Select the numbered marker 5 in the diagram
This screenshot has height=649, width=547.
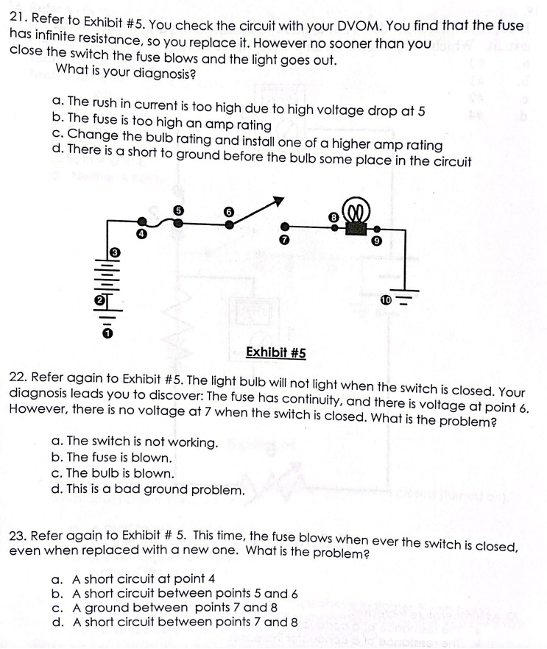tap(177, 209)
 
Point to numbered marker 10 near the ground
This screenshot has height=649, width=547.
tap(385, 300)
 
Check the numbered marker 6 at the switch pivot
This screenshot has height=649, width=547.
tap(228, 211)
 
